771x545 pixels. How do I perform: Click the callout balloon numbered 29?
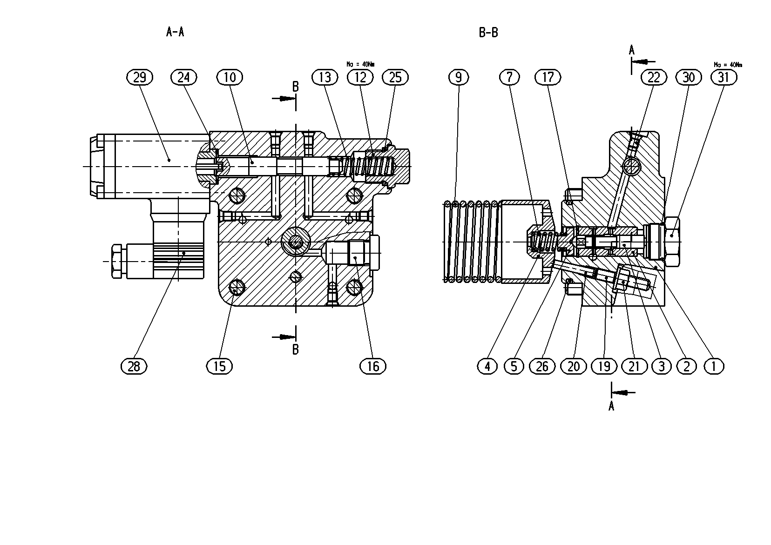coord(140,77)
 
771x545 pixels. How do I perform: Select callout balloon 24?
coord(184,77)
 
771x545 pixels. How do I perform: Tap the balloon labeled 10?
coord(230,77)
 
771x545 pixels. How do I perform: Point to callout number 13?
coord(325,77)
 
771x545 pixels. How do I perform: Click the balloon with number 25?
coord(395,77)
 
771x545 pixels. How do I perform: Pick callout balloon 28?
coord(134,366)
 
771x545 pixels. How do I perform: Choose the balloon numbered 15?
coord(219,366)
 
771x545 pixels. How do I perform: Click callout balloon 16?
coord(373,366)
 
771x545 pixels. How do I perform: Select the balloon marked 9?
coord(459,77)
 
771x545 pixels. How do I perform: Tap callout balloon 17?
coord(548,77)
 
